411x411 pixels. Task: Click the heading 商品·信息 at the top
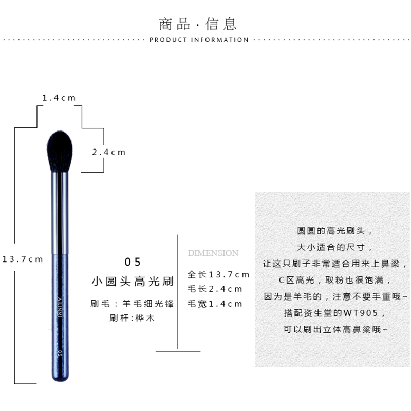point(198,24)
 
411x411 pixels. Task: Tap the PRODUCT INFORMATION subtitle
point(199,40)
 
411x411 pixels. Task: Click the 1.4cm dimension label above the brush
point(59,98)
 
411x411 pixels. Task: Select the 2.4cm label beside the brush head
point(108,152)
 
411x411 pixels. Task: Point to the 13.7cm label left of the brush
point(23,259)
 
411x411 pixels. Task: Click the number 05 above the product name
point(133,262)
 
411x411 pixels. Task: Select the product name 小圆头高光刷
point(133,282)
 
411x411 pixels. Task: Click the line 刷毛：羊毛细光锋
point(133,304)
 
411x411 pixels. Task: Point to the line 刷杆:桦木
point(133,318)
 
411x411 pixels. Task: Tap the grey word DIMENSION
point(213,253)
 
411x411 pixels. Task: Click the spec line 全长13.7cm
point(218,275)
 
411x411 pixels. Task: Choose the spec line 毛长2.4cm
point(215,289)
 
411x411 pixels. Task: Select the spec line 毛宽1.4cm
point(215,304)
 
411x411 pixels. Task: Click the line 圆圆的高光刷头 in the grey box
point(333,232)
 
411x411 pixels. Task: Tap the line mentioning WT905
point(333,313)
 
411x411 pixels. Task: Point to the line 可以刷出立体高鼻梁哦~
point(333,329)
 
